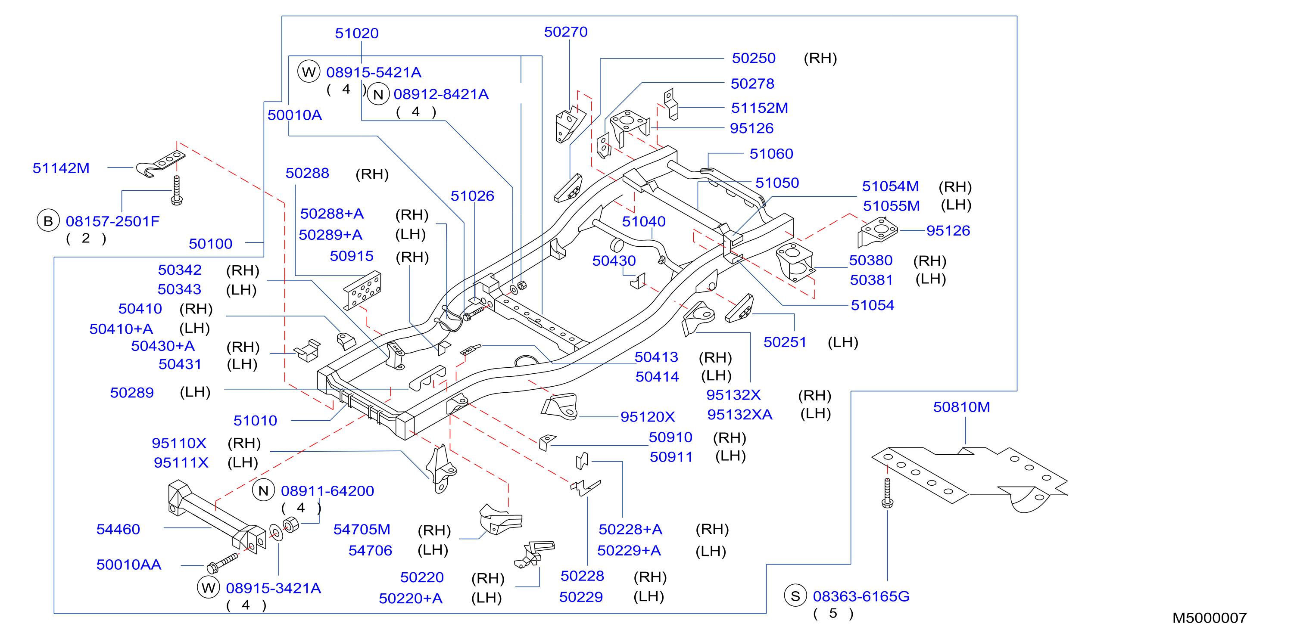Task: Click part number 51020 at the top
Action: (x=356, y=33)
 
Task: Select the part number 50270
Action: (x=565, y=32)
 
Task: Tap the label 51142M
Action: (x=61, y=168)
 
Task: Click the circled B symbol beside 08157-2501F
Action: (x=48, y=221)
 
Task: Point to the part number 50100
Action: (x=210, y=244)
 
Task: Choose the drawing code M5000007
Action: (x=1210, y=618)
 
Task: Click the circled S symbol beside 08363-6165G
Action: (x=795, y=596)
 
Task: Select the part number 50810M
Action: (x=961, y=406)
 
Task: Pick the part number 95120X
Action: (x=648, y=417)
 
